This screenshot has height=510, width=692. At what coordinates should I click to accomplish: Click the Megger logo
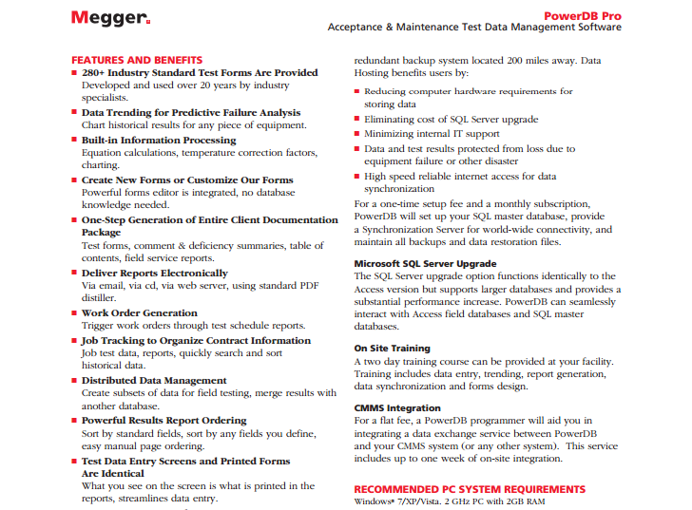click(x=109, y=18)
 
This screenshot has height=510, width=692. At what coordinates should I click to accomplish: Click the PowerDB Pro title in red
click(x=583, y=15)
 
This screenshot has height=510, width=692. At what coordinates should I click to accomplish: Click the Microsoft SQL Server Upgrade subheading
click(x=425, y=263)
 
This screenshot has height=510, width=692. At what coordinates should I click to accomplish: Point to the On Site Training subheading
click(x=392, y=349)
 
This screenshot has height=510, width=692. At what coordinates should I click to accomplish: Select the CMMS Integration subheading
click(x=395, y=407)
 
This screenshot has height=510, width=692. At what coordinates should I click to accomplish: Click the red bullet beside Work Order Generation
click(x=75, y=313)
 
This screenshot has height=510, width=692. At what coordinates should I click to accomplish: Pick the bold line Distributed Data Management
click(x=153, y=381)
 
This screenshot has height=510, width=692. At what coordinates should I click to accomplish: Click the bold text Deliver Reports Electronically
click(x=154, y=273)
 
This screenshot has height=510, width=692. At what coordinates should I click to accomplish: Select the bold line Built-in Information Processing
click(x=159, y=140)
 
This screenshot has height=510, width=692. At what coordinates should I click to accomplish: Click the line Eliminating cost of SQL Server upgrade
click(x=451, y=120)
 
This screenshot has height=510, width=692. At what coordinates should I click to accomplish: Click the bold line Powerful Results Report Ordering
click(x=163, y=421)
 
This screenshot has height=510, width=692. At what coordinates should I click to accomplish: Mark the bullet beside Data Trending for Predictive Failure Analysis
click(x=75, y=113)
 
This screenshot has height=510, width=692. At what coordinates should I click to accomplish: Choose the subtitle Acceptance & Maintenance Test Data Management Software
click(x=474, y=28)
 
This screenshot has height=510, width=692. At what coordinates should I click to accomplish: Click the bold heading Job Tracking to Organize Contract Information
click(x=196, y=340)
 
